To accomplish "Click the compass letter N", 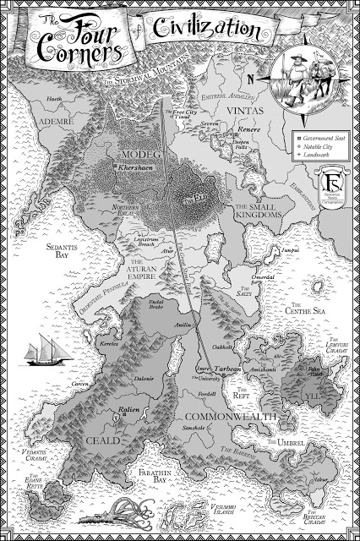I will point(250,80).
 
